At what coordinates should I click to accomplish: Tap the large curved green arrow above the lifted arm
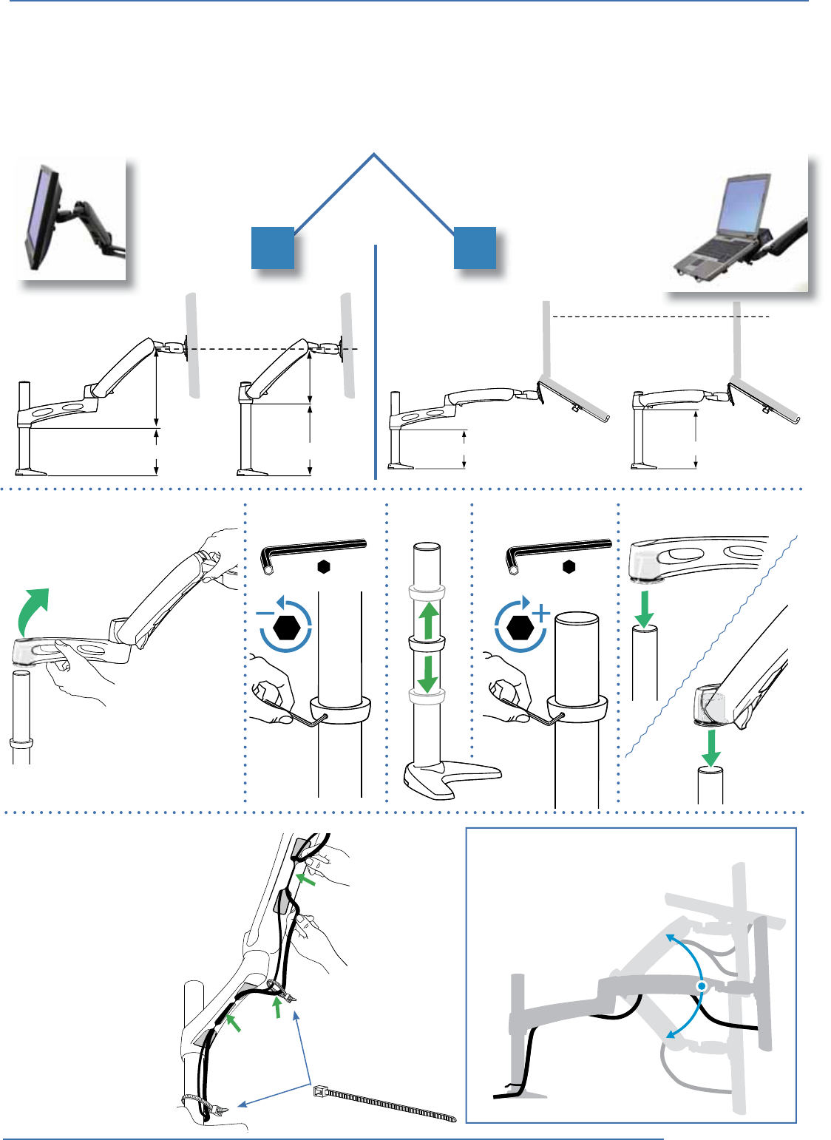coord(34,608)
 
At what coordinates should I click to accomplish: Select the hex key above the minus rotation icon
coord(315,552)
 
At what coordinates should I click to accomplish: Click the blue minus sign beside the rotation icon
coord(265,614)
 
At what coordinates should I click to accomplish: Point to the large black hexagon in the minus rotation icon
coord(287,628)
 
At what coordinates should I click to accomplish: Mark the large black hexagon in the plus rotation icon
coord(521,628)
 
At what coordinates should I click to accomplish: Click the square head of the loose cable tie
coord(320,1090)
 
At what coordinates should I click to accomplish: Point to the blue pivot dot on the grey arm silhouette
coord(701,987)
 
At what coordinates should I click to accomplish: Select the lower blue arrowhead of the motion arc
coord(669,1035)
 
